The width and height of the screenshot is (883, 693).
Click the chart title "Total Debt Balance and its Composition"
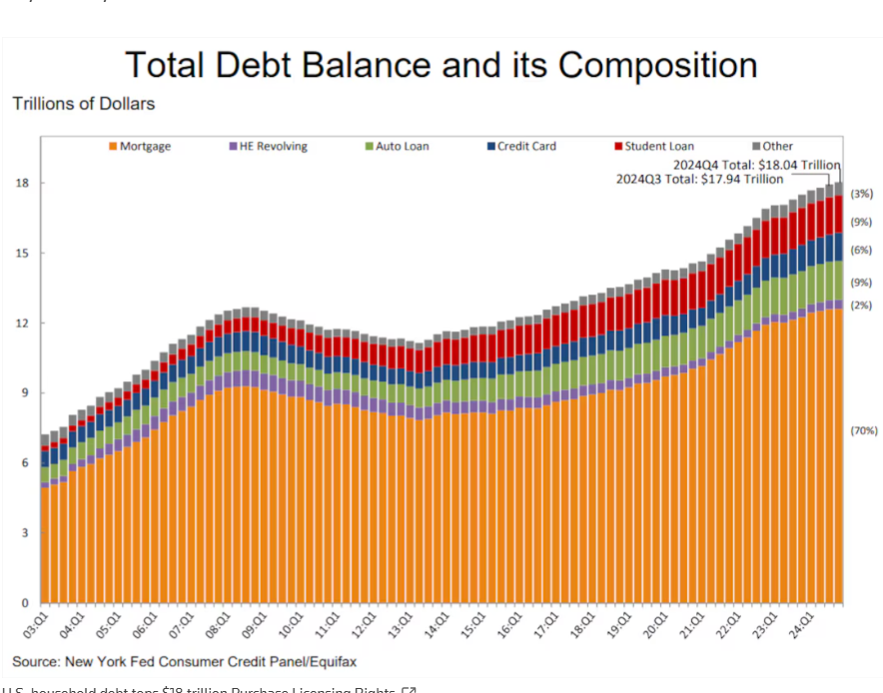(x=441, y=66)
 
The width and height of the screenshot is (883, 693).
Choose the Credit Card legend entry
(x=526, y=147)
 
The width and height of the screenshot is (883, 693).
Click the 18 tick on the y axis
(x=22, y=184)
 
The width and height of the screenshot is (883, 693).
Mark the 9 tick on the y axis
(x=22, y=393)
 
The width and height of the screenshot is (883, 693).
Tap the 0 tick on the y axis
(x=22, y=603)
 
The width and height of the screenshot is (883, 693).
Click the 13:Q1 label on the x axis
(x=400, y=625)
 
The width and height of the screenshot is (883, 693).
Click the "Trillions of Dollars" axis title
(x=83, y=104)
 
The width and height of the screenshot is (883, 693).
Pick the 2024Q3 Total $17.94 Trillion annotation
(x=698, y=180)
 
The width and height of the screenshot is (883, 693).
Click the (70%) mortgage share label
(x=864, y=431)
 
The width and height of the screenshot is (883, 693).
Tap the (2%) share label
(x=861, y=306)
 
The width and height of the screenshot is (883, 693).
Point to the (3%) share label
(x=861, y=194)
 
